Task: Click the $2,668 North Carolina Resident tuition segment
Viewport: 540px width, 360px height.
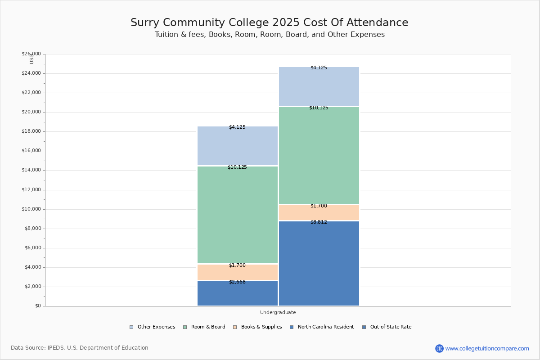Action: tap(238, 293)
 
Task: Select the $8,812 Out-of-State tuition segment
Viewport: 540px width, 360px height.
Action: tap(319, 263)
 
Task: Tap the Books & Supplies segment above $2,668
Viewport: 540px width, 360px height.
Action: tap(238, 272)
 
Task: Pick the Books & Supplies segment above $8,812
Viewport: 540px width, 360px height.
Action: tap(319, 212)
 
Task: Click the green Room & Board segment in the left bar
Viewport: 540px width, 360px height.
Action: tap(238, 215)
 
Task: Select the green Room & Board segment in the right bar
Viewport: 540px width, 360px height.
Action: tap(319, 155)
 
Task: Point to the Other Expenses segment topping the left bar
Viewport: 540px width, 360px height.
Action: tap(238, 146)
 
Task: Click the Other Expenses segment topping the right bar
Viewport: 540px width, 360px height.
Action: tap(319, 86)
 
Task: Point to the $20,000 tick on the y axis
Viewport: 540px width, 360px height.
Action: tap(31, 112)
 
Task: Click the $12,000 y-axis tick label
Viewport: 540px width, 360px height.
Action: tap(31, 190)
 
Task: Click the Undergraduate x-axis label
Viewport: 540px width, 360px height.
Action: tap(278, 312)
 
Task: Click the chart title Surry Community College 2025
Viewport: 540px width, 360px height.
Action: tap(270, 23)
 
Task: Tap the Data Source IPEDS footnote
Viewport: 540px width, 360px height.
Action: tap(80, 348)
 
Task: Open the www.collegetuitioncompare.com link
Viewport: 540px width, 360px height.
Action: tap(487, 348)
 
